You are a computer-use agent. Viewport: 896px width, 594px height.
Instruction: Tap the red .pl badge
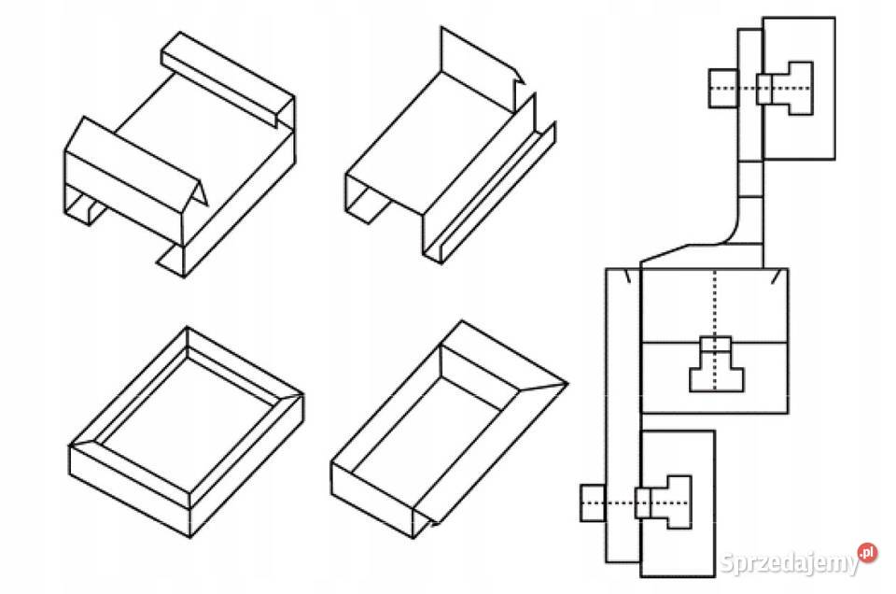coord(867,552)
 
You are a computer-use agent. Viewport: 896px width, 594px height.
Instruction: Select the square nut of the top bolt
coord(722,88)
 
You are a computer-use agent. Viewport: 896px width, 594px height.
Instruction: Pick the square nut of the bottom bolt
coord(593,503)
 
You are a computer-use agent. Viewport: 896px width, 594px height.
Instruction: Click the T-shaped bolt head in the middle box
coord(717,372)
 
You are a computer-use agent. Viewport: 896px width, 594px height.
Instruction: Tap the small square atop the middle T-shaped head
coord(716,343)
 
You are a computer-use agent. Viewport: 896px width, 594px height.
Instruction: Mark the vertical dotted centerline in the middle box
coord(714,330)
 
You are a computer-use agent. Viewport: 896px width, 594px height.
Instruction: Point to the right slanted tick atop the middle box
coord(775,276)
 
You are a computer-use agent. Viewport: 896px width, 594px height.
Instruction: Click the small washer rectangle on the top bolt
coord(764,89)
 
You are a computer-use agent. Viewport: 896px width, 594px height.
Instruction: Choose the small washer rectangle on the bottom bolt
coord(643,503)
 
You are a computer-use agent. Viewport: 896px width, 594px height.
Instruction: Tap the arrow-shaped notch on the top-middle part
coord(518,78)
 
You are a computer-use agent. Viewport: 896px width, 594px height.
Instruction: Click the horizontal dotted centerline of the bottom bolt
coord(636,503)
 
